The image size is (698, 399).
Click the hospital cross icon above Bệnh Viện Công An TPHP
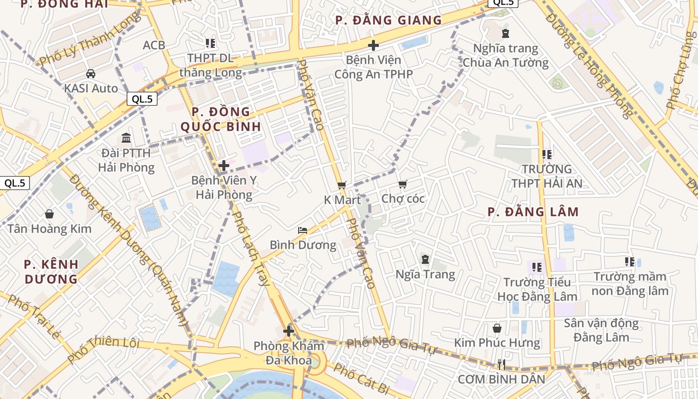(x=373, y=45)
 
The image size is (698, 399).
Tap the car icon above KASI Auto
(x=91, y=74)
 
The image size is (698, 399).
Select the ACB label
(x=154, y=45)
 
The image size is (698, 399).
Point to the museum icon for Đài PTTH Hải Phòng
(x=126, y=138)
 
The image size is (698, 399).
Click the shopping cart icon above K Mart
(x=342, y=185)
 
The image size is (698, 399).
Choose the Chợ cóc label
(x=403, y=199)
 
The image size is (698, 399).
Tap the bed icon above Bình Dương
(x=303, y=230)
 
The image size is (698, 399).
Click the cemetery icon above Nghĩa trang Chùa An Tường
(x=506, y=33)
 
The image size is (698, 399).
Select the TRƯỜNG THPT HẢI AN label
(x=546, y=176)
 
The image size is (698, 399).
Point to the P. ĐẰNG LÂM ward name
(x=533, y=212)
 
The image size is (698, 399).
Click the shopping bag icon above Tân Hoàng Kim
(x=49, y=214)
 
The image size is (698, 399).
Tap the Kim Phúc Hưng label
(x=497, y=343)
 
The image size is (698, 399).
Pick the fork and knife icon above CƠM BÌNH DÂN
(x=502, y=365)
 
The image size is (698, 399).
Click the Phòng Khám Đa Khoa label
(x=289, y=353)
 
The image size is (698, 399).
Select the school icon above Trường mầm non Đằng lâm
(x=630, y=261)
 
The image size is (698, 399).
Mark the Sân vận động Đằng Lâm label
(x=601, y=330)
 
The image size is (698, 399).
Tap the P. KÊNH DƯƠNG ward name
(x=51, y=271)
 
